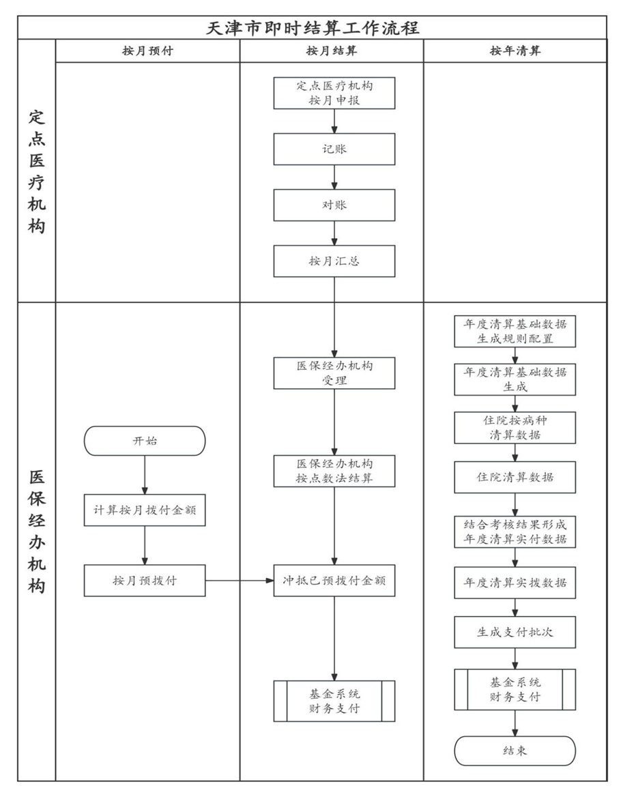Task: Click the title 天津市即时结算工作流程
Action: (x=312, y=27)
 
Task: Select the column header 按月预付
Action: (x=148, y=50)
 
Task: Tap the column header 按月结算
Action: (x=332, y=50)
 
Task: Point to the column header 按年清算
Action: (x=515, y=50)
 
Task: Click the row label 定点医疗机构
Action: (x=37, y=171)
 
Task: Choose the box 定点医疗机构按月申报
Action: (x=334, y=93)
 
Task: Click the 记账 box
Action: (x=334, y=149)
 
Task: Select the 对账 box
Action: (x=334, y=205)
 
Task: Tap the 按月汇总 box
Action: (x=334, y=261)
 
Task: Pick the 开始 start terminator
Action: (x=145, y=441)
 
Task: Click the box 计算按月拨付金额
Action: (x=145, y=510)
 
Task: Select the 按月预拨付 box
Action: (x=145, y=581)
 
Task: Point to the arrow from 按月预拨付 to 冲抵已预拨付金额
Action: (x=239, y=581)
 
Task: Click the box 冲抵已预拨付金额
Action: (x=334, y=581)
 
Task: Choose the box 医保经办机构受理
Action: (x=334, y=373)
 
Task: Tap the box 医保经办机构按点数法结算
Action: (x=334, y=472)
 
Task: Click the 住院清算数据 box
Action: (x=514, y=477)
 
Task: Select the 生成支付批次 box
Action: (x=514, y=633)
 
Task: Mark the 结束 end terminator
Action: (x=514, y=751)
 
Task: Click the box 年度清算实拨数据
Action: (x=514, y=583)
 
